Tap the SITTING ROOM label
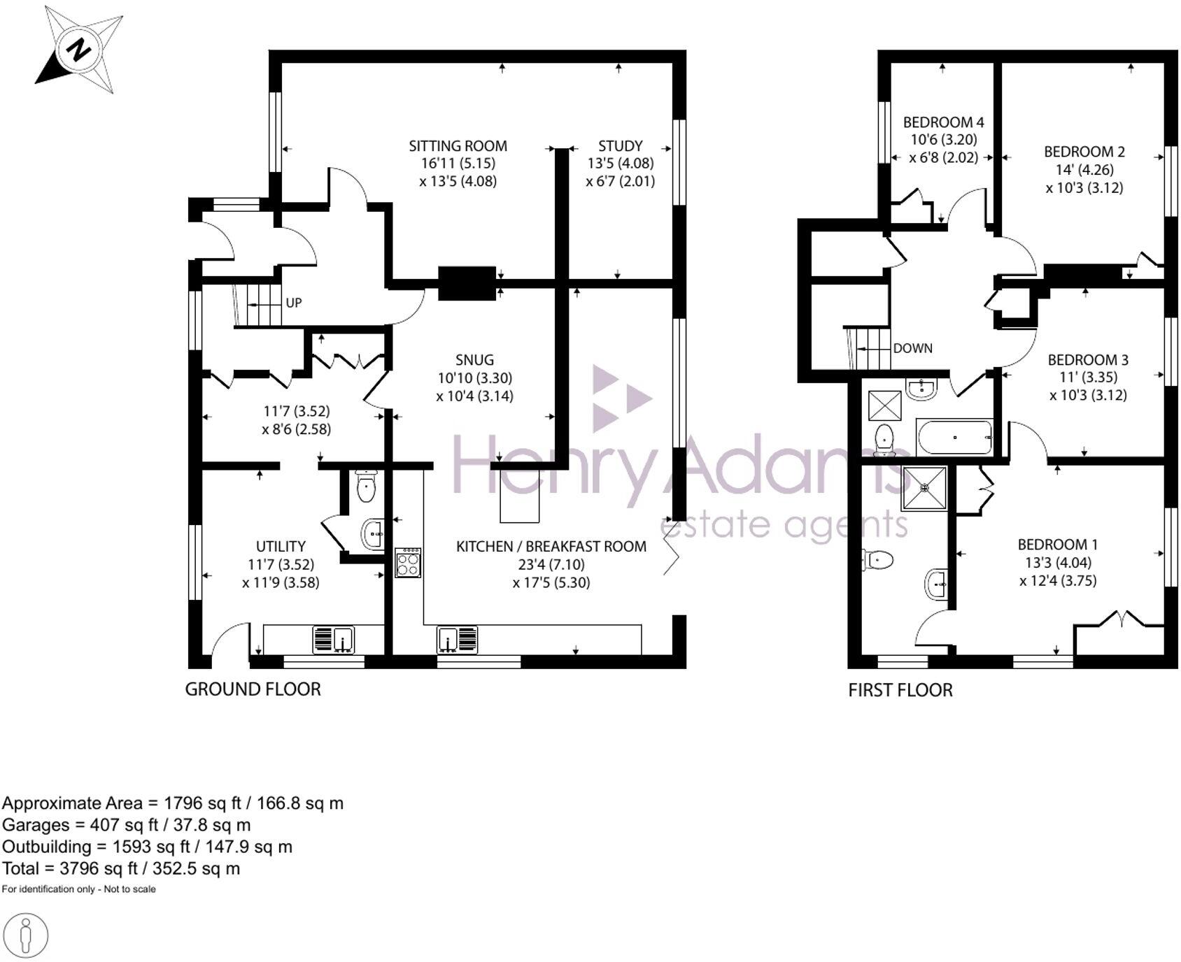click(458, 146)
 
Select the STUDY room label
click(620, 146)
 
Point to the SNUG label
click(474, 360)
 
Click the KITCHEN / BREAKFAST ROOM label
click(551, 546)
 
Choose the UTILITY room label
click(281, 546)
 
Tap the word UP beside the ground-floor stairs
click(293, 303)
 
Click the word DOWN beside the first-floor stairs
click(912, 348)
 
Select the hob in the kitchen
click(408, 562)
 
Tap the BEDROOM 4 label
click(943, 122)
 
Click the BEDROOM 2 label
click(1084, 152)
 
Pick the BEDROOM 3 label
click(1087, 360)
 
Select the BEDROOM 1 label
click(1057, 545)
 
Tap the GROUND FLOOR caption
click(253, 689)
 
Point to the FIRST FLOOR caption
click(900, 691)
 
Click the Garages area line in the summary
click(126, 825)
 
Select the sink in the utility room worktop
click(334, 639)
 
